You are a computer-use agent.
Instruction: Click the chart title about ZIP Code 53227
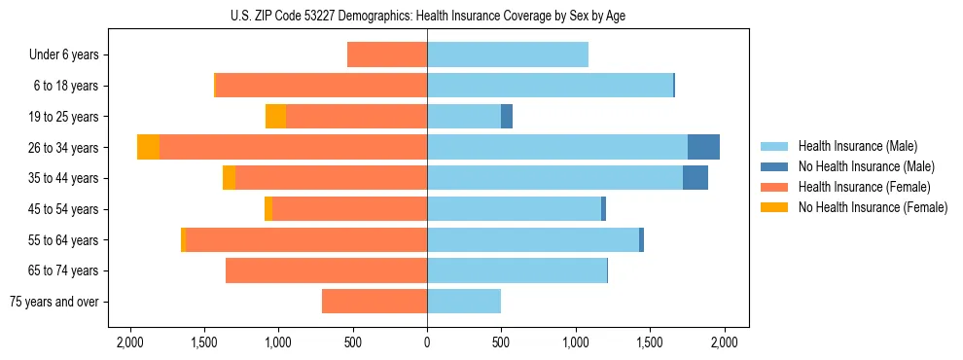click(x=427, y=16)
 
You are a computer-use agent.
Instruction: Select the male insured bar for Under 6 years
click(x=508, y=55)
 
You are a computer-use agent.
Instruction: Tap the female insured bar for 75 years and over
click(x=374, y=302)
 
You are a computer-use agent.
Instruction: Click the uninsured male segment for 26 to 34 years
click(x=703, y=147)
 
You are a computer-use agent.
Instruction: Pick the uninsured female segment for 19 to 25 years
click(x=276, y=117)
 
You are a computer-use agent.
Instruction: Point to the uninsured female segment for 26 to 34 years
click(x=148, y=147)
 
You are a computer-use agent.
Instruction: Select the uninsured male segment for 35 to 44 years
click(x=695, y=178)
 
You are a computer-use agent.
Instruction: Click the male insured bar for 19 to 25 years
click(x=464, y=117)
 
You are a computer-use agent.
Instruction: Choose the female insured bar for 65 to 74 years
click(x=327, y=270)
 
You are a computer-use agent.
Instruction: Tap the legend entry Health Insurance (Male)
click(x=857, y=146)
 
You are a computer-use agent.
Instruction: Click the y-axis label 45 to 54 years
click(x=64, y=209)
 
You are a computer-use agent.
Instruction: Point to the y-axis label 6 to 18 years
click(x=66, y=86)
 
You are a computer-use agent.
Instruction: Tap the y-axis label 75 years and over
click(x=54, y=302)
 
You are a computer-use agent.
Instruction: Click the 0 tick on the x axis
click(x=427, y=342)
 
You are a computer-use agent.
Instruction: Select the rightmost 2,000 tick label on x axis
click(x=724, y=342)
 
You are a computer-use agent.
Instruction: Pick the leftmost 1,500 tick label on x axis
click(x=204, y=342)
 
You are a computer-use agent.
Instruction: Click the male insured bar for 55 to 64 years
click(x=533, y=239)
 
